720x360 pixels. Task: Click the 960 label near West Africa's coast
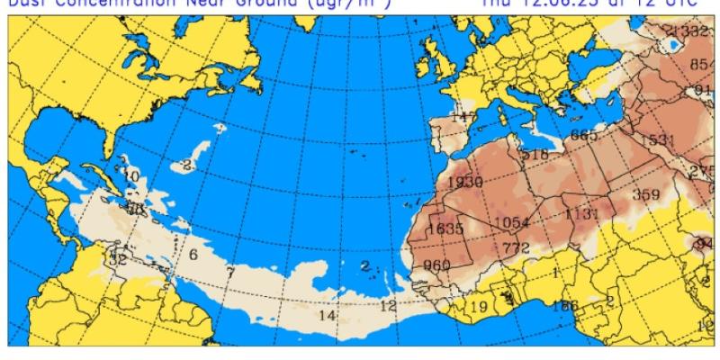pos(436,265)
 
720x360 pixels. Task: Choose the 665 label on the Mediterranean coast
pos(583,136)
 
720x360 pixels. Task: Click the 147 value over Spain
pos(463,118)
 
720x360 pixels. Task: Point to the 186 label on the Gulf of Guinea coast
pos(565,306)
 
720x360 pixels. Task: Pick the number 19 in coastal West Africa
pos(479,308)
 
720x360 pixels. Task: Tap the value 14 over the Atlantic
pos(327,315)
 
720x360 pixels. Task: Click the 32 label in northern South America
pos(117,259)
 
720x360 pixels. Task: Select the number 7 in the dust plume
pos(230,273)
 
